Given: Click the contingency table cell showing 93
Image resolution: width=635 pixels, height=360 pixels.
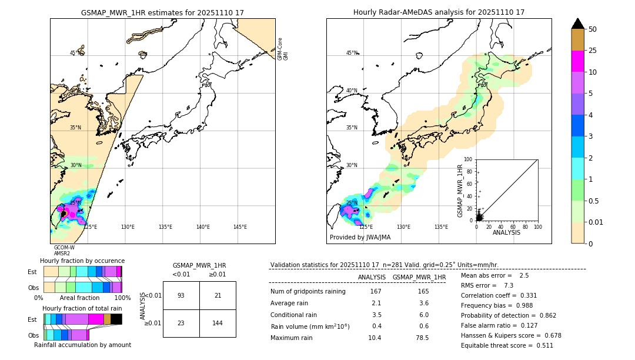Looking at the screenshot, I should (x=181, y=295).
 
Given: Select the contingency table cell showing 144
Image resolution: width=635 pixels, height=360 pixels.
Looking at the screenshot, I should (x=218, y=323).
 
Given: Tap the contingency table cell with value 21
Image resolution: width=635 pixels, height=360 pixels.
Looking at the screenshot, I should (x=218, y=295).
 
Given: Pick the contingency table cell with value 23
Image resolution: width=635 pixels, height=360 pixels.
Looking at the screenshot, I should (x=181, y=323).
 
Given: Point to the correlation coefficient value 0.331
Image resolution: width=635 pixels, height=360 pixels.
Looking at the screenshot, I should (x=526, y=295).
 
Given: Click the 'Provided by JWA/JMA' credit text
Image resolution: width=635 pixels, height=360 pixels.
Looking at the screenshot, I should (x=360, y=238).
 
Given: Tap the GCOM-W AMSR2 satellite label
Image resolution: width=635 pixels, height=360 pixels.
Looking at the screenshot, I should (x=64, y=251).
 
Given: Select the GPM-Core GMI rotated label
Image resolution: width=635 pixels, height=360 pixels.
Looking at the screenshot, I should (x=283, y=48).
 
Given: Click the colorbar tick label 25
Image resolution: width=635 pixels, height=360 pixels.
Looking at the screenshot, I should (x=593, y=51).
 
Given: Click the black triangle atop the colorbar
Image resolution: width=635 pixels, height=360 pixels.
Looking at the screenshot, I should (x=578, y=24).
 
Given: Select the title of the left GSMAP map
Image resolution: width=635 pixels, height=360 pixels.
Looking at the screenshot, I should (x=162, y=12).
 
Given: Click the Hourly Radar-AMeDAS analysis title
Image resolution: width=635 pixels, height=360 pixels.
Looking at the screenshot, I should (x=439, y=12).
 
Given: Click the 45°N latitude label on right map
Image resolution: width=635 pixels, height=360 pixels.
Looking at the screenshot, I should (x=352, y=53).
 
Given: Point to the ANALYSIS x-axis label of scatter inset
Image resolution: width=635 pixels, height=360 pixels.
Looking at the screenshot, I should (x=506, y=232).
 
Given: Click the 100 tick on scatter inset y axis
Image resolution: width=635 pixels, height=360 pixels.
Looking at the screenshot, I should (x=469, y=159).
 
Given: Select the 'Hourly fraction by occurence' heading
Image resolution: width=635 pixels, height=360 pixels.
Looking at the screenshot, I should (x=82, y=261).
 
